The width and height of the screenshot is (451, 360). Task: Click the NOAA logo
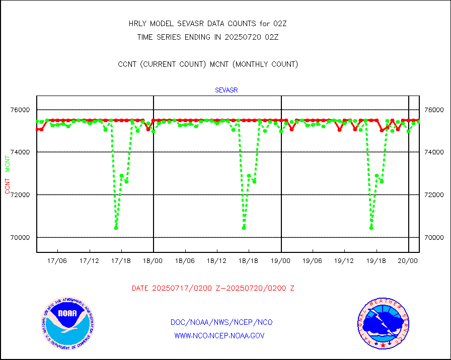coord(67,324)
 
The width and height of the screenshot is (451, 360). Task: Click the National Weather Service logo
coord(383,324)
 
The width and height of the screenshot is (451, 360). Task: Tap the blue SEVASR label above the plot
coord(226,91)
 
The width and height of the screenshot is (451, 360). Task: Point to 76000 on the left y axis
coord(21,110)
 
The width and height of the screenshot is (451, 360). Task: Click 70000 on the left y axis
coord(21,237)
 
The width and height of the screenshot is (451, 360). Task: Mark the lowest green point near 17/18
coord(116,228)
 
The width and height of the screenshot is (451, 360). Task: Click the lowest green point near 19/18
coord(371,228)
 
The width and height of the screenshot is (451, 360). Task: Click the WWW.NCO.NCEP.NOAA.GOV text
coord(219,335)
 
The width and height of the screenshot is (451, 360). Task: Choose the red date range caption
coord(213,289)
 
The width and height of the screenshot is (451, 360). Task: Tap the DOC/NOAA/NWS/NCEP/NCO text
coord(221,322)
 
